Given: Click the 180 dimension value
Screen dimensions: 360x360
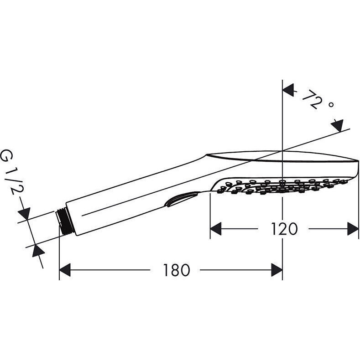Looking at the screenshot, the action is (x=177, y=270).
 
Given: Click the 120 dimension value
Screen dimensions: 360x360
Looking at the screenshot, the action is (x=284, y=229).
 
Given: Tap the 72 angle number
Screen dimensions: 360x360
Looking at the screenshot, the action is (x=312, y=99).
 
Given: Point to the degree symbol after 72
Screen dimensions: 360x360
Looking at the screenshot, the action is (x=331, y=105).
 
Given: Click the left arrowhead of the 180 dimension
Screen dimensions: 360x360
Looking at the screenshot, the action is (x=65, y=270).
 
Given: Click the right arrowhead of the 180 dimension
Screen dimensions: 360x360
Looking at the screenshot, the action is (x=277, y=270).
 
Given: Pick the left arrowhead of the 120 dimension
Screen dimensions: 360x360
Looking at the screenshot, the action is (x=216, y=229).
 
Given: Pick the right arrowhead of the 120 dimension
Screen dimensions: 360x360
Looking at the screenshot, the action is (x=353, y=229).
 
